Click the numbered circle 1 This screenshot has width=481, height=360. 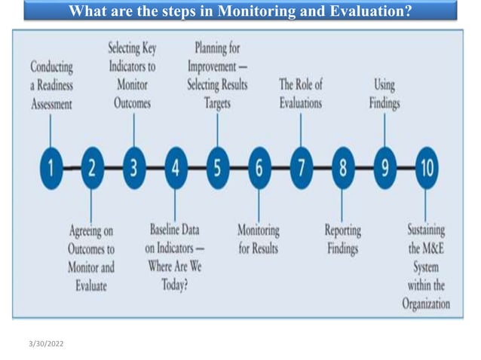(x=51, y=168)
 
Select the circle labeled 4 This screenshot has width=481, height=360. (x=175, y=168)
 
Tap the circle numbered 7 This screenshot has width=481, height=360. (x=301, y=168)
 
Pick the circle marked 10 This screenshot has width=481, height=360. (x=425, y=168)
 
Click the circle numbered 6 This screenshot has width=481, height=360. (x=259, y=168)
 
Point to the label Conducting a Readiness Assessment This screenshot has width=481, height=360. (x=51, y=85)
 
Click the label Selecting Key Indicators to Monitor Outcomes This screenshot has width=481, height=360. (x=133, y=76)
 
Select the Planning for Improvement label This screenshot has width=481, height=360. (x=217, y=76)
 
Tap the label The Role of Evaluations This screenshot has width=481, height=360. (x=300, y=93)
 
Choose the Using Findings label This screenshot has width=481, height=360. (x=384, y=93)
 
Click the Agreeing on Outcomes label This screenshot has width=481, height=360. (x=91, y=257)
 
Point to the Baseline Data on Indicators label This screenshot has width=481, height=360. (x=174, y=257)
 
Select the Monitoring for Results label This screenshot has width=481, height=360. (x=259, y=239)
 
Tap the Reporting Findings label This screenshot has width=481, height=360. (x=342, y=239)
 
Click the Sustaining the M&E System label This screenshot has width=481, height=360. (x=426, y=266)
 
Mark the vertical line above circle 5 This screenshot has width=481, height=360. (x=217, y=130)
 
